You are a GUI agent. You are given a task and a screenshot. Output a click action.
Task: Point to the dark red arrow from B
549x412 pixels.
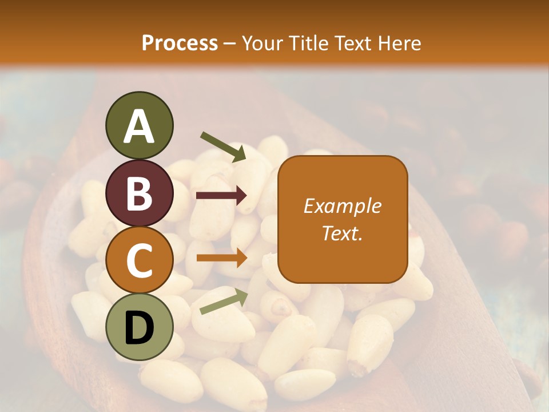click(221, 196)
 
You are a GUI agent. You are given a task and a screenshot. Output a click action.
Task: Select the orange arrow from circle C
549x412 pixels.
click(221, 259)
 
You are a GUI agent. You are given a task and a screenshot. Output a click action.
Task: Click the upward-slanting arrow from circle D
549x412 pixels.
click(224, 302)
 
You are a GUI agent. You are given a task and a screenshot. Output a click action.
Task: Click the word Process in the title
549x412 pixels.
click(180, 43)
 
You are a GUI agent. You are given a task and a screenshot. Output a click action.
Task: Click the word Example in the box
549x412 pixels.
click(342, 206)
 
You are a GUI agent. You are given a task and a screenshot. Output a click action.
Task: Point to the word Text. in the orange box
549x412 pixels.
click(342, 233)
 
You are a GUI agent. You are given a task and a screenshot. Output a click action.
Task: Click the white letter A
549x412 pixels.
click(139, 127)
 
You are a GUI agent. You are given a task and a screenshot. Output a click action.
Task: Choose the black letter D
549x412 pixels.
click(139, 327)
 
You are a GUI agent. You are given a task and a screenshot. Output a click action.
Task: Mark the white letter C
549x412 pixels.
click(139, 260)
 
